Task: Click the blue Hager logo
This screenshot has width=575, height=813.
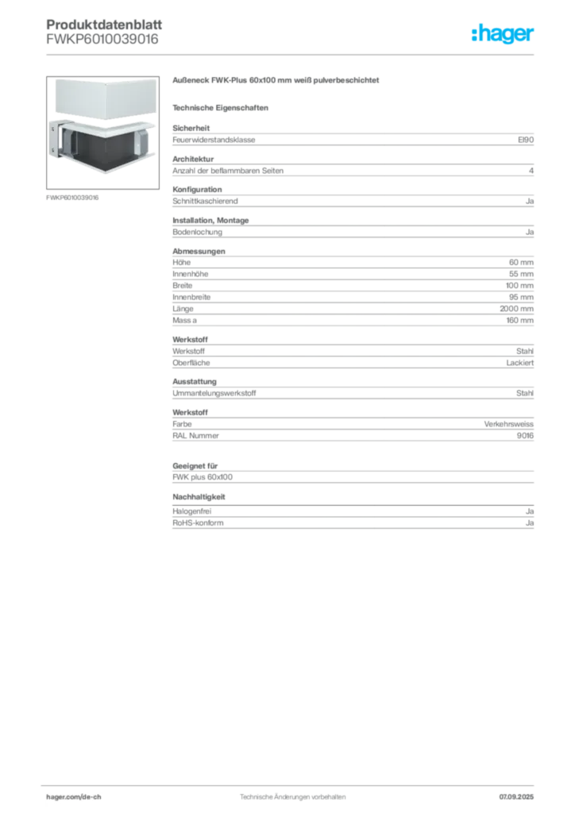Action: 504,35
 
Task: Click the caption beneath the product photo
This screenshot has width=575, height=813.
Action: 72,197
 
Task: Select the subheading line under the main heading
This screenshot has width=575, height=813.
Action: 223,106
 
